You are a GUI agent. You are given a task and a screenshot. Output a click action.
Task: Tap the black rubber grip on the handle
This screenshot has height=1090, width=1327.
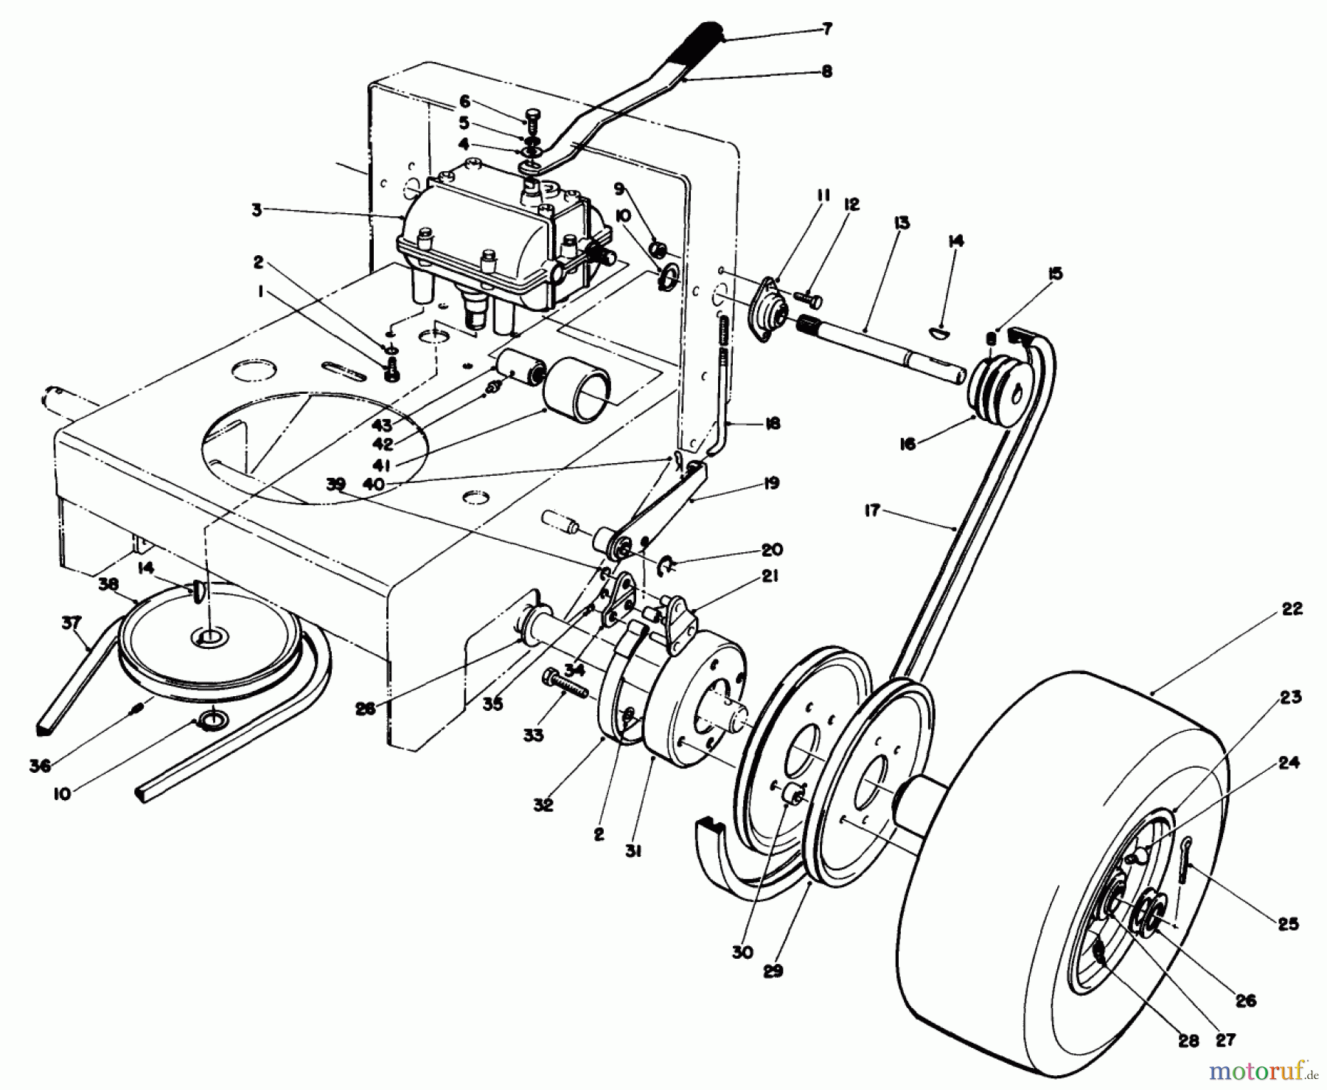pyautogui.click(x=700, y=44)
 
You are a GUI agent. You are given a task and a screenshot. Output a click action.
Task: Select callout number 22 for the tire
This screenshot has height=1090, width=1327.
pyautogui.click(x=1292, y=609)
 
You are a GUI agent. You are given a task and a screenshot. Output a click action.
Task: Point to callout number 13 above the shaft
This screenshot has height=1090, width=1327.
pyautogui.click(x=902, y=223)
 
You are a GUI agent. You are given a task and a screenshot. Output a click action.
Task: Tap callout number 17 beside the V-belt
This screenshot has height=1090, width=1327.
pyautogui.click(x=872, y=510)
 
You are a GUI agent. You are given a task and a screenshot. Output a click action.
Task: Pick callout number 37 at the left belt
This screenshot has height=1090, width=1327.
pyautogui.click(x=71, y=623)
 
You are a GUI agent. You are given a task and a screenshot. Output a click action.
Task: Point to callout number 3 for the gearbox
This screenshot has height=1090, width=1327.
pyautogui.click(x=257, y=210)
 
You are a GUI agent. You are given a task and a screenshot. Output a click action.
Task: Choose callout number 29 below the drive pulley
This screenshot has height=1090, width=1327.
pyautogui.click(x=772, y=971)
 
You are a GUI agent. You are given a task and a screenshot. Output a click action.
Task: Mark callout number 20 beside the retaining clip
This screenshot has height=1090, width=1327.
pyautogui.click(x=772, y=550)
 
